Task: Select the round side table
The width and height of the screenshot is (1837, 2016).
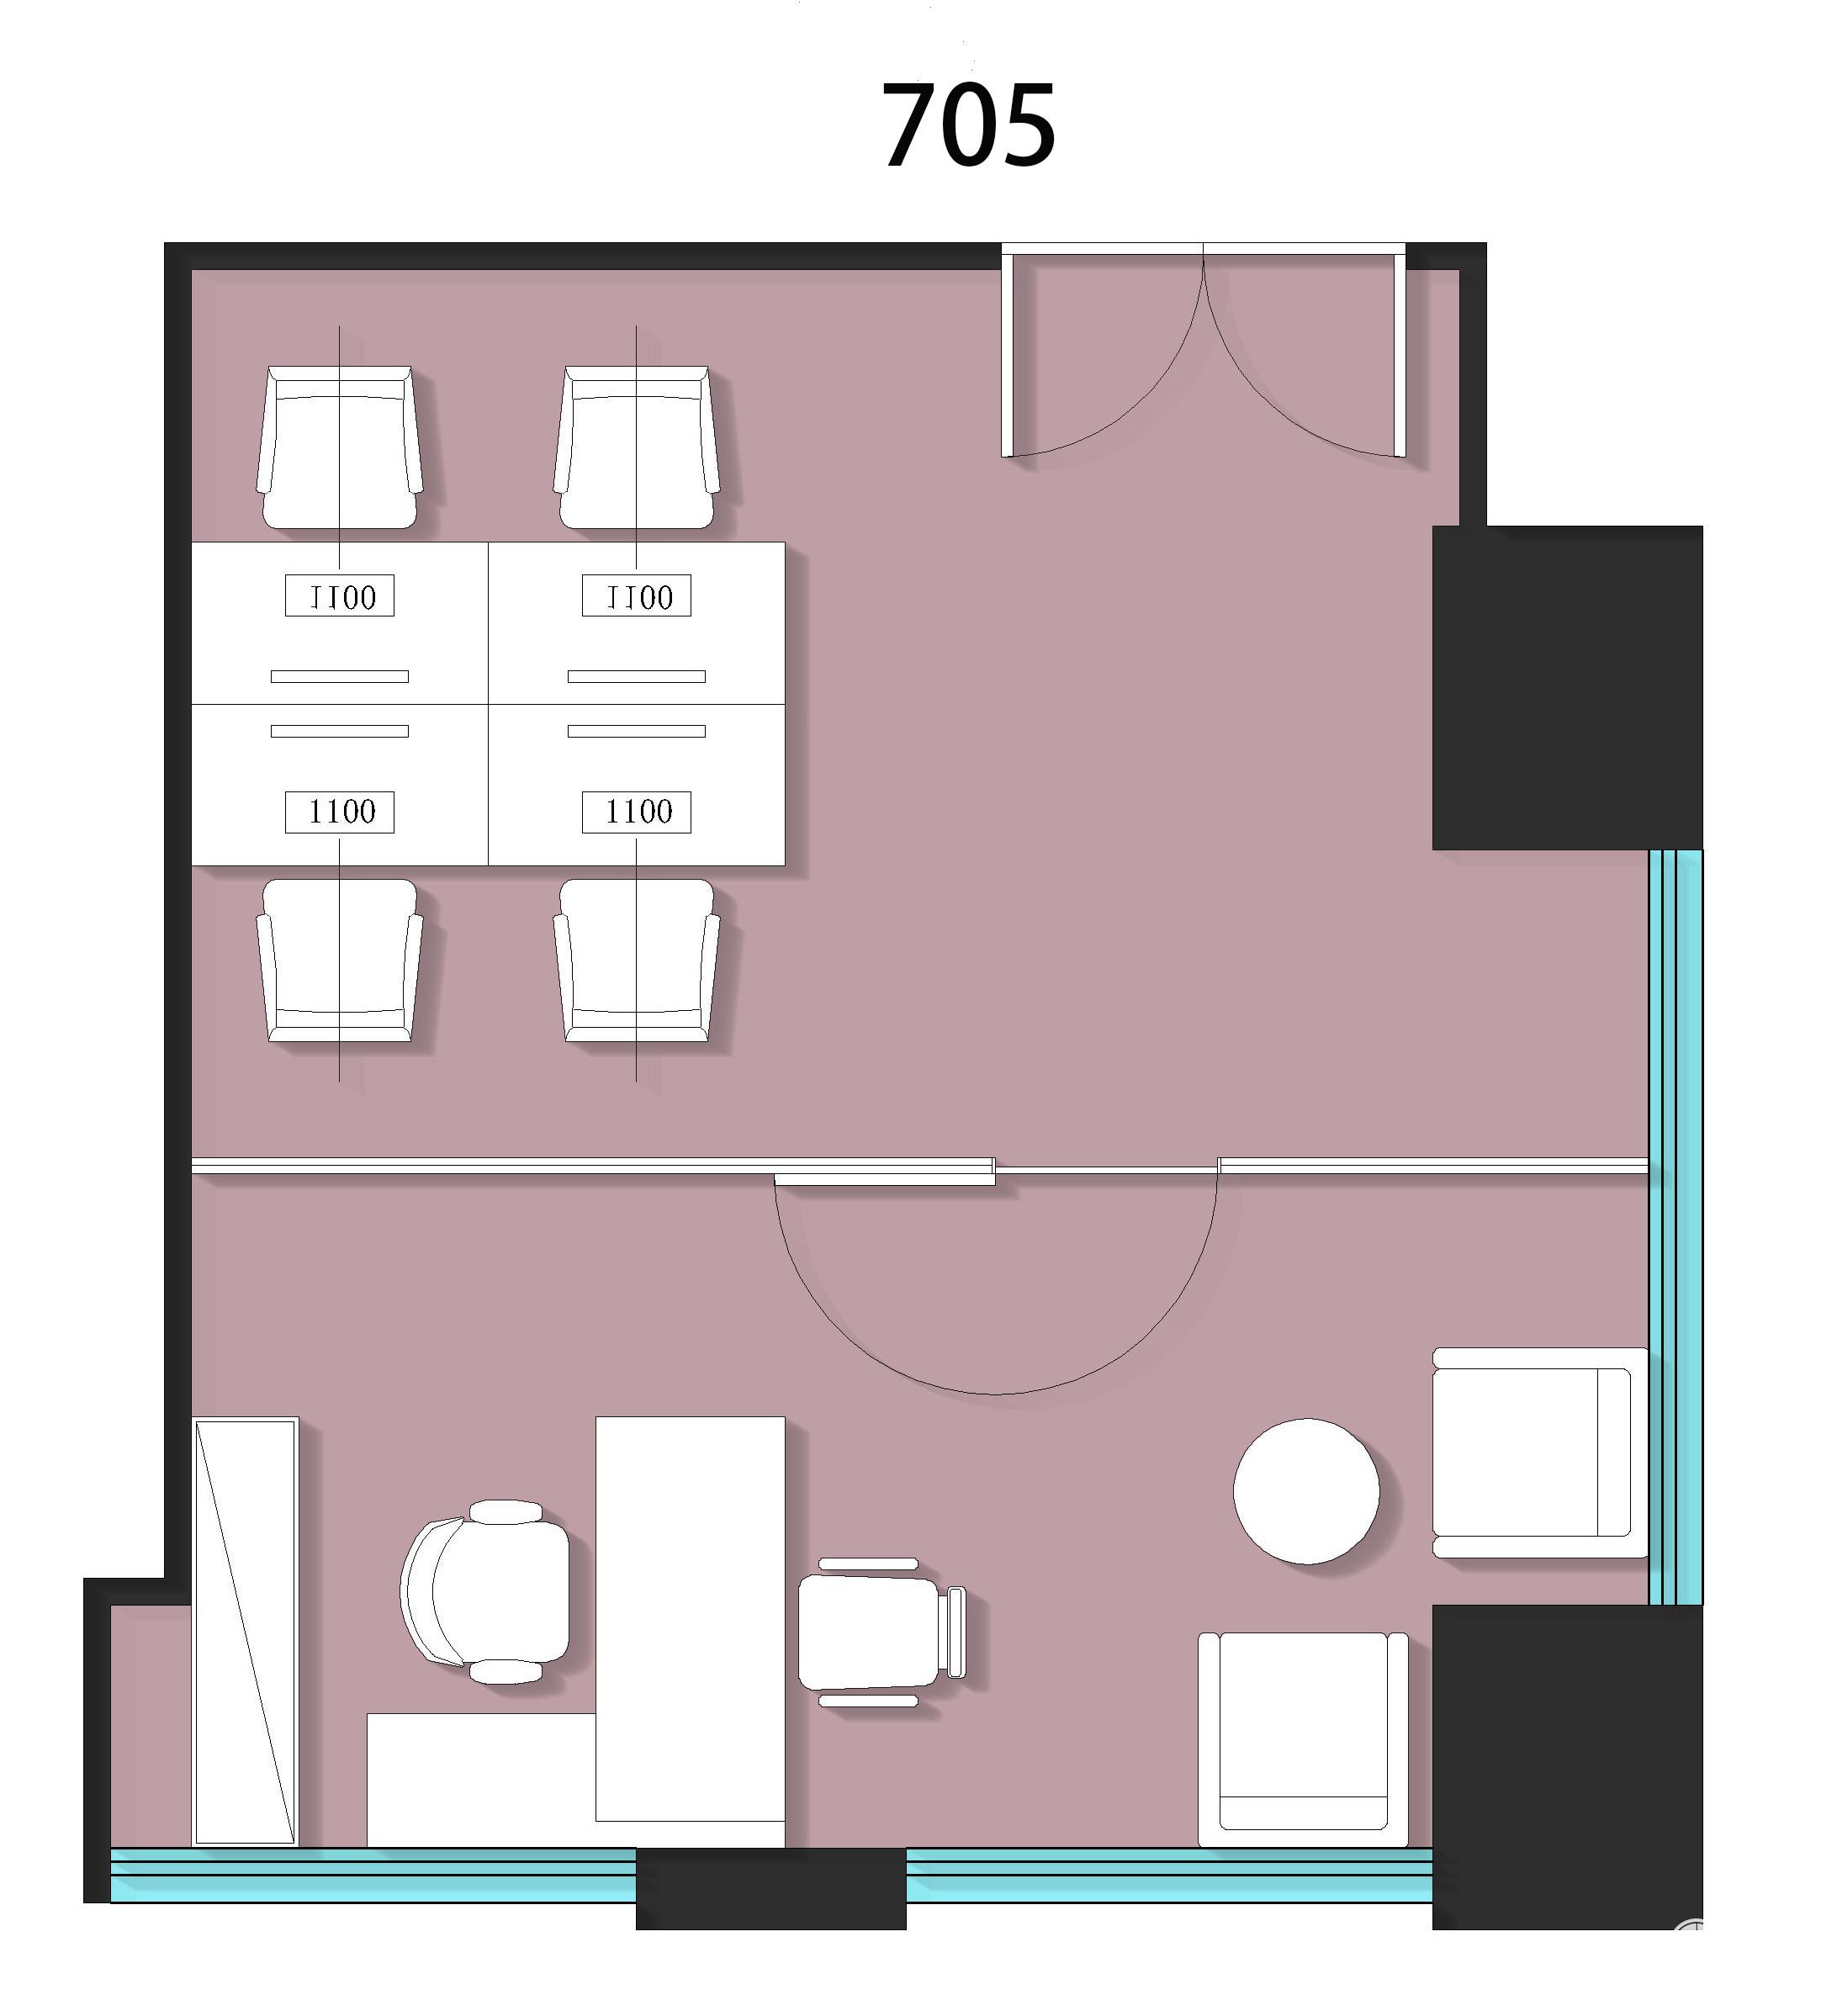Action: (1306, 1490)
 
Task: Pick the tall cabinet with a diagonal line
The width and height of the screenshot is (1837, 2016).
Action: (245, 1631)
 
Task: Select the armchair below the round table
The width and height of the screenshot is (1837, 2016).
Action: (1303, 1740)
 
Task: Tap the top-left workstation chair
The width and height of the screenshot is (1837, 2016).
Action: (339, 446)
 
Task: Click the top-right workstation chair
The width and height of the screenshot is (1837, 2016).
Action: (636, 446)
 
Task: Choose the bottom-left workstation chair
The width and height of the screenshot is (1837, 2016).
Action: (339, 960)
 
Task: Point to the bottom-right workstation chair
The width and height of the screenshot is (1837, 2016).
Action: (636, 960)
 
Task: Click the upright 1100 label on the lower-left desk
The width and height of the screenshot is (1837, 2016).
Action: (340, 812)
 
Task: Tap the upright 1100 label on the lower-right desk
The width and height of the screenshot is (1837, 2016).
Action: (637, 812)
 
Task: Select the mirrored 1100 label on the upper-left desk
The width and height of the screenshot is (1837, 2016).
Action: (340, 596)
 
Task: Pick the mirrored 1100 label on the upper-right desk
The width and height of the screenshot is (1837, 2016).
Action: (637, 596)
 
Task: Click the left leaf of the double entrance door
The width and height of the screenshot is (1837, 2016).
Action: (1007, 355)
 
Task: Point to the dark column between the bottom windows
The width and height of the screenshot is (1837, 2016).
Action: (771, 1889)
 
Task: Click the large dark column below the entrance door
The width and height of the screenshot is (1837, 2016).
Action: (1567, 688)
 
